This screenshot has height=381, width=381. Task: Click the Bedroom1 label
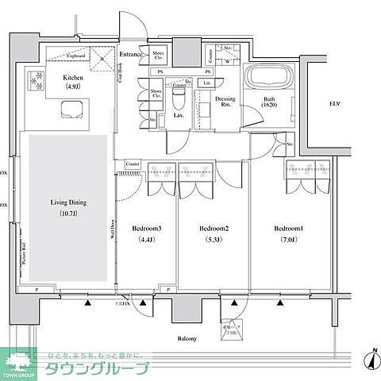(289, 229)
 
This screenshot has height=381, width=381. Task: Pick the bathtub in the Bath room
(269, 80)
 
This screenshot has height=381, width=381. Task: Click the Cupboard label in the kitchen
(76, 57)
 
